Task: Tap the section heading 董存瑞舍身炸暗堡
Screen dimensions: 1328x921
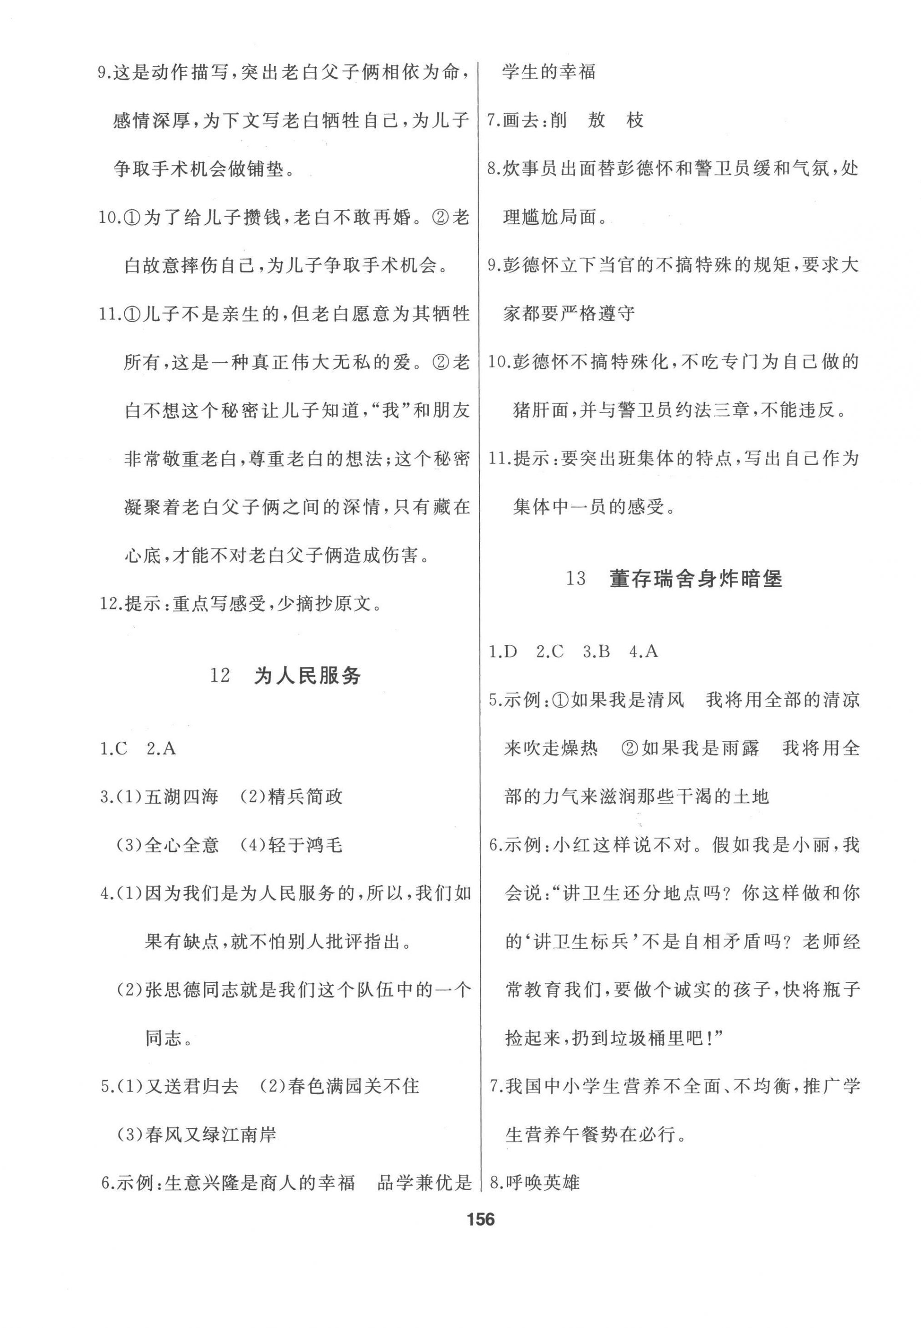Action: point(695,579)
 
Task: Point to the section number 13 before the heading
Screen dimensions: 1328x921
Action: point(575,579)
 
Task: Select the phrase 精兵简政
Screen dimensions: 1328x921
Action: point(305,797)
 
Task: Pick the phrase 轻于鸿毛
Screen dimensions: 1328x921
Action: point(305,845)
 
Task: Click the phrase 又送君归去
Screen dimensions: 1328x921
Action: point(191,1086)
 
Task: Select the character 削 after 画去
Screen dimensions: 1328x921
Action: point(558,121)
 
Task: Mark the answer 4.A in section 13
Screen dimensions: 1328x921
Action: point(644,651)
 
